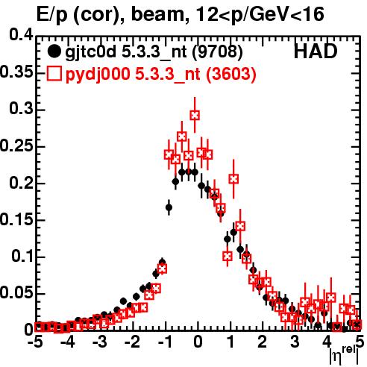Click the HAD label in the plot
click(316, 51)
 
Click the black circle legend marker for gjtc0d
click(54, 51)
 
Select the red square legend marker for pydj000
click(54, 73)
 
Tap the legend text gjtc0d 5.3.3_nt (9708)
click(154, 52)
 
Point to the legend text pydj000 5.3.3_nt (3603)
click(160, 74)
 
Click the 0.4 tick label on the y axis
click(21, 35)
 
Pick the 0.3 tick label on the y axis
click(21, 108)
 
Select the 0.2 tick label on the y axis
click(21, 183)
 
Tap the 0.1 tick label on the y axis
click(22, 256)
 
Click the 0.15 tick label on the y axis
click(16, 219)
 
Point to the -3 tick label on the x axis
click(100, 342)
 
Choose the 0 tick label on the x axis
click(198, 342)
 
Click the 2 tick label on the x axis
click(263, 342)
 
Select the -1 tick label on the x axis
click(164, 342)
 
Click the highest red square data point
click(195, 116)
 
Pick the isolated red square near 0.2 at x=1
click(233, 179)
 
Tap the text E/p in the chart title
click(51, 15)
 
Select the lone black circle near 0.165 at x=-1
click(169, 207)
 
